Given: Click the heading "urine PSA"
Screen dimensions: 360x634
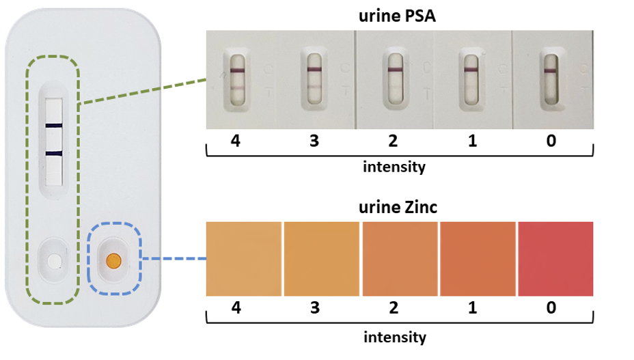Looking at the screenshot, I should click(397, 17).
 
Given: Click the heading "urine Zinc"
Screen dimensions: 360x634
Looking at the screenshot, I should click(397, 206).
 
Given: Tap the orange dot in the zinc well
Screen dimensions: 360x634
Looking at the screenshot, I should click(114, 260).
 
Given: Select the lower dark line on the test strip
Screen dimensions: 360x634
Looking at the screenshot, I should click(54, 153).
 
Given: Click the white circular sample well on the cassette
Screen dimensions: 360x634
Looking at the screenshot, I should click(54, 260).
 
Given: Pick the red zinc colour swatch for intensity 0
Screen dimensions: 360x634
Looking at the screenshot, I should click(555, 259).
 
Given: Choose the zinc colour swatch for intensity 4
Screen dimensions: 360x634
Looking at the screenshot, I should click(244, 259).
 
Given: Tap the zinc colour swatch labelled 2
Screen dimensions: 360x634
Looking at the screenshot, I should click(400, 259).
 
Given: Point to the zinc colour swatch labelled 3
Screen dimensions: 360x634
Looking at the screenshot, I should click(322, 259).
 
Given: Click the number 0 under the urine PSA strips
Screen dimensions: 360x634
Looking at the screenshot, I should click(551, 141).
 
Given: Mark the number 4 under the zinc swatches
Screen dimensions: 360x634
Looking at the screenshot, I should click(236, 308).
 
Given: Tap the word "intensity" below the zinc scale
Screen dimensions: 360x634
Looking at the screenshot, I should click(394, 337).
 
